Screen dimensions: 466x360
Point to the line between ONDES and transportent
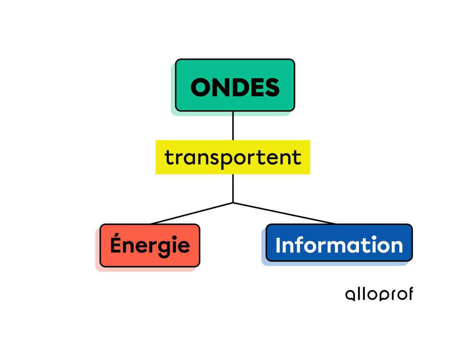tap(233, 125)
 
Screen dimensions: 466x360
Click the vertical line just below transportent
tap(233, 188)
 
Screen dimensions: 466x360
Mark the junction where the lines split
tap(233, 202)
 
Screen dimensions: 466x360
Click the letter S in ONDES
tap(271, 88)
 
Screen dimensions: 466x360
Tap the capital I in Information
tap(278, 245)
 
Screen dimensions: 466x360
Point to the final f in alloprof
tap(409, 294)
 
